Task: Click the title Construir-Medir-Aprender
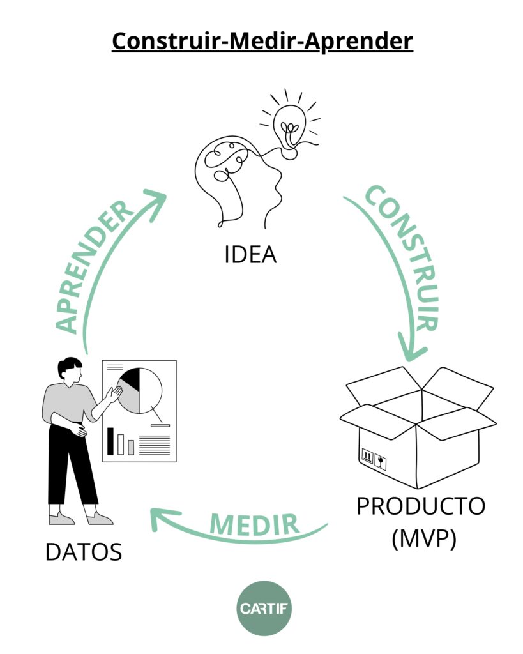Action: point(262,42)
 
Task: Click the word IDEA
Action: point(250,254)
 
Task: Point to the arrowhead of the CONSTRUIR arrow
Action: point(413,348)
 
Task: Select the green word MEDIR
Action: point(255,524)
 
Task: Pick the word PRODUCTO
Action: point(421,506)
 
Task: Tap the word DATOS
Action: point(84,552)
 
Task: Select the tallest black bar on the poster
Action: point(110,441)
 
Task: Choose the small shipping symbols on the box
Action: point(373,457)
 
